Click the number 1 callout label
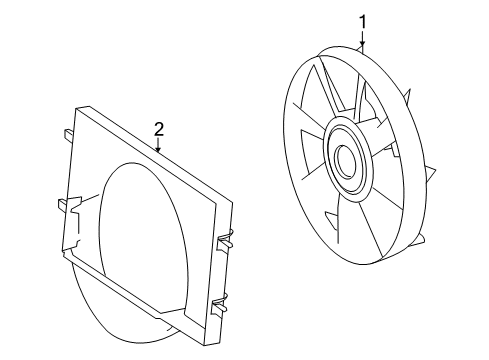[363, 20]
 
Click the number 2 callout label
[158, 128]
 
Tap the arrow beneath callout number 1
[363, 43]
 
